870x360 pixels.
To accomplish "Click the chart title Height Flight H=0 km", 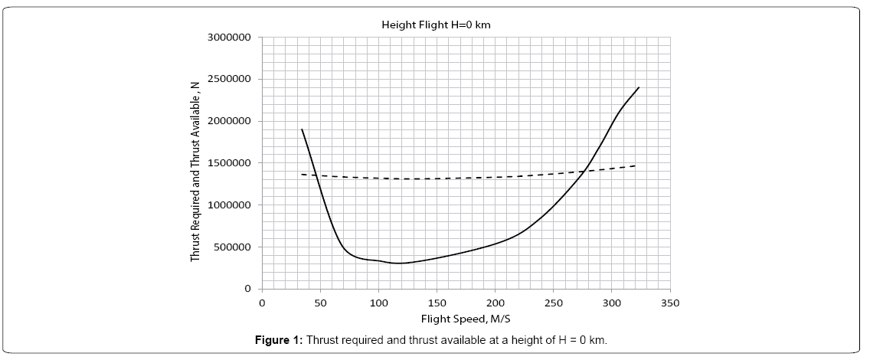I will (436, 25).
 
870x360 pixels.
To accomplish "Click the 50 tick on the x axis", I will (320, 303).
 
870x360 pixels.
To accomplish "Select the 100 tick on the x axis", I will (378, 303).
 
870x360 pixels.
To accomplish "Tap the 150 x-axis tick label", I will (437, 303).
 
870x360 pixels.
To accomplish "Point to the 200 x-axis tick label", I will (495, 303).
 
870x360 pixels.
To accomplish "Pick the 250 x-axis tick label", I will (553, 303).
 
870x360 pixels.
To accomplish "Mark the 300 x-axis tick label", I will (611, 303).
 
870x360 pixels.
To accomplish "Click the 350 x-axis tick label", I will (669, 303).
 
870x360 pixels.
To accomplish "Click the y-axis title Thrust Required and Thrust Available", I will (195, 162).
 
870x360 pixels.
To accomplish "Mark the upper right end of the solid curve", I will (638, 87).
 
